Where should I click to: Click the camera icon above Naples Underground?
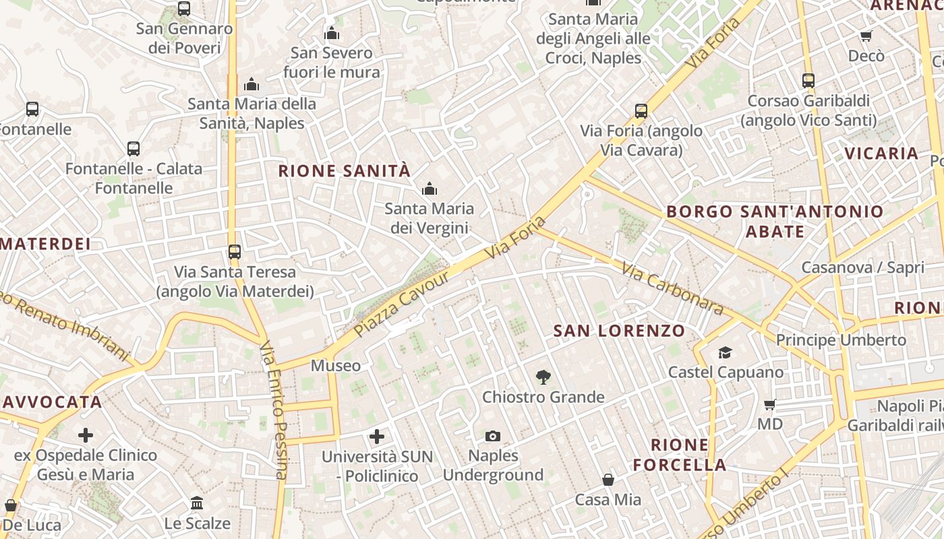click(x=493, y=437)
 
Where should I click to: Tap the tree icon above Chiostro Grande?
click(x=543, y=377)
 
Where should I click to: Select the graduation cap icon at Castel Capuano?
click(x=725, y=352)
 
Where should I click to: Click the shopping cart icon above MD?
click(x=770, y=405)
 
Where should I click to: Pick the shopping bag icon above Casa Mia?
click(x=608, y=480)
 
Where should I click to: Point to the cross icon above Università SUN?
click(x=377, y=437)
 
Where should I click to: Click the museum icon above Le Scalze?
click(x=197, y=503)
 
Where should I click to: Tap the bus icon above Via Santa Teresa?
click(x=234, y=252)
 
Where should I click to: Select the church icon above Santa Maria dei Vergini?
click(x=429, y=189)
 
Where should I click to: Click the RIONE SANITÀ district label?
click(x=344, y=171)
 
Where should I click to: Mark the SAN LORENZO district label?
click(x=619, y=331)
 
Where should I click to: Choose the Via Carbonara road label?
click(x=672, y=289)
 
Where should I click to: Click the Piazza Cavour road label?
click(x=402, y=304)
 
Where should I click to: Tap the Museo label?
click(x=335, y=366)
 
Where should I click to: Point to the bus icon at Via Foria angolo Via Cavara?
click(x=641, y=111)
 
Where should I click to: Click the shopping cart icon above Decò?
click(x=866, y=36)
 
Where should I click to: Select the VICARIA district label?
click(x=881, y=154)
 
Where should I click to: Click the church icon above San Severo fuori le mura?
click(x=331, y=33)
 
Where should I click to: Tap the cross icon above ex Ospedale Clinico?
click(x=86, y=435)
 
